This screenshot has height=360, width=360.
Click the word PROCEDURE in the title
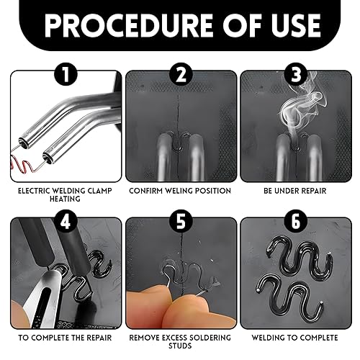point(128,25)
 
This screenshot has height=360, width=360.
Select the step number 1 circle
point(66,75)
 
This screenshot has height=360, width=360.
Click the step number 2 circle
point(181,75)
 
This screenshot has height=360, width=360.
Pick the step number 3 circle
point(296,75)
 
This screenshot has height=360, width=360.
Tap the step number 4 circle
point(66,222)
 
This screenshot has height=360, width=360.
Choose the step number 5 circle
point(181,222)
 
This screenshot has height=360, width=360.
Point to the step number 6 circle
point(296,222)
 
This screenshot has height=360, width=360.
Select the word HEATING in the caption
point(65,199)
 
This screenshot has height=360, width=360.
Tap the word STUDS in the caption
point(180,346)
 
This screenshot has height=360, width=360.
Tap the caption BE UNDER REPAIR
point(295,191)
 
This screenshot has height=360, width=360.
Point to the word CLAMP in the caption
point(100,191)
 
